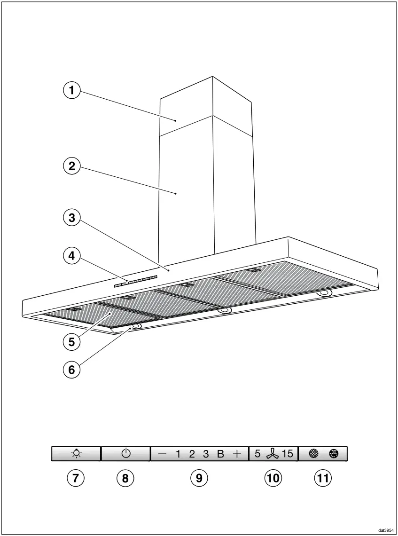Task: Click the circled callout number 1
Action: (72, 91)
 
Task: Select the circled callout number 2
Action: (72, 166)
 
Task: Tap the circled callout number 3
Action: (72, 218)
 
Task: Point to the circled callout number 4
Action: (72, 256)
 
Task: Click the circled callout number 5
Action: (71, 342)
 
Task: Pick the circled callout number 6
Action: (71, 370)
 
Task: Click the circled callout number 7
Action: (75, 478)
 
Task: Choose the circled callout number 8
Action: (125, 478)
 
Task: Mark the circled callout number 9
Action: (199, 478)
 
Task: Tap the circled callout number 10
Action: (273, 478)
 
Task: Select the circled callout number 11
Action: (322, 478)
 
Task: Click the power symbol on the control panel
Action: (125, 454)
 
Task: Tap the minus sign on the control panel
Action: (162, 454)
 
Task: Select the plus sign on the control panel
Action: (237, 454)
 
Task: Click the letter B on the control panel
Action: (220, 454)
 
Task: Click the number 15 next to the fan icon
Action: (287, 454)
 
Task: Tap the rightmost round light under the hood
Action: (324, 293)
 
